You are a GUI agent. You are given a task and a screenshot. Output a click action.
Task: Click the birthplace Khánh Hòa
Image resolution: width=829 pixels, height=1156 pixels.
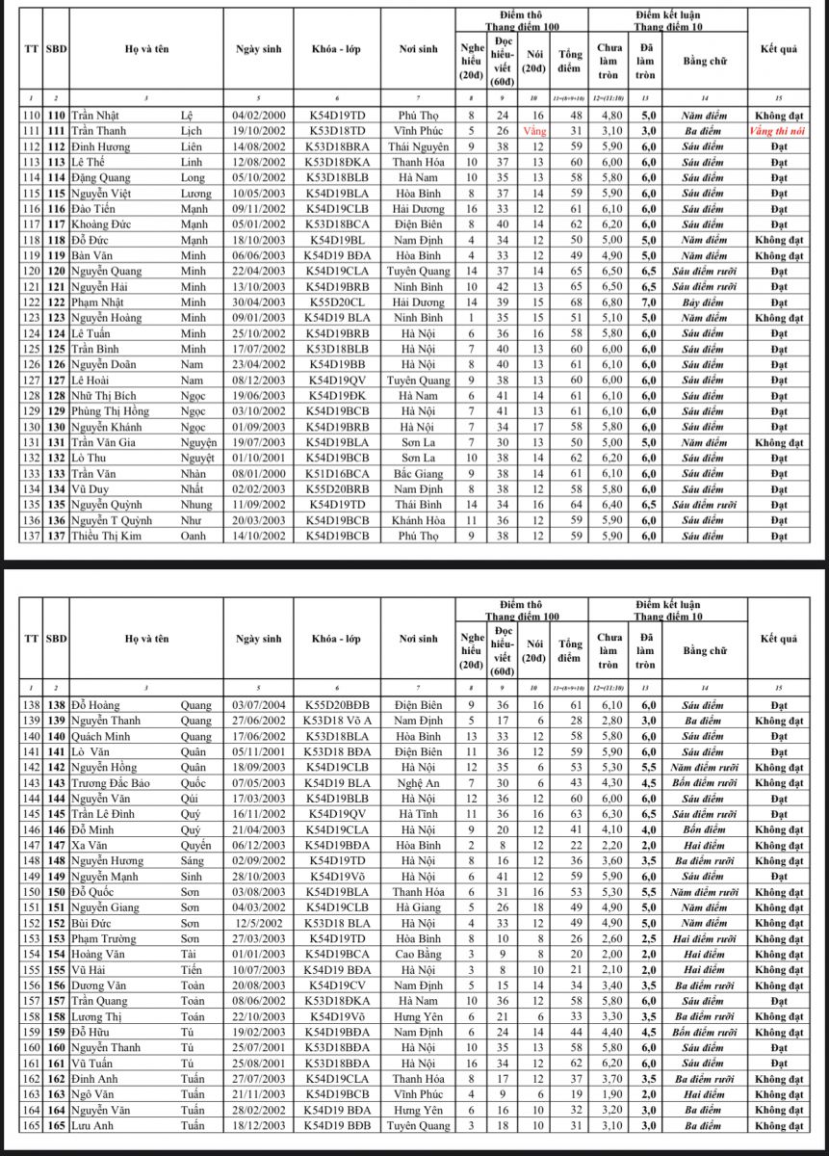pos(419,520)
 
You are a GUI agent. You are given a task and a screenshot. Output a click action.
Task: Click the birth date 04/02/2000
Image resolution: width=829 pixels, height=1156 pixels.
pos(259,116)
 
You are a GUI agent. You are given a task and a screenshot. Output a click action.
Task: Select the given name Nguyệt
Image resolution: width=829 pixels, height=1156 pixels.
pos(196,458)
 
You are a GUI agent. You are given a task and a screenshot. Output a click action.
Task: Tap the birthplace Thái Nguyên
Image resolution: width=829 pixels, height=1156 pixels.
pos(419,146)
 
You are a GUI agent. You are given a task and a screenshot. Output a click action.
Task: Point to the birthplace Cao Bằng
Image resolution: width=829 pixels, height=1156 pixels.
pos(419,954)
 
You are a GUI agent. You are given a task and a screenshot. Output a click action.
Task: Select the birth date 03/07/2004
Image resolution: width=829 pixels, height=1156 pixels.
pos(259,705)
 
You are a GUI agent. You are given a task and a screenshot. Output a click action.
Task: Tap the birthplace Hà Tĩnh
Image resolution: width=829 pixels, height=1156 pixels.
pos(419,814)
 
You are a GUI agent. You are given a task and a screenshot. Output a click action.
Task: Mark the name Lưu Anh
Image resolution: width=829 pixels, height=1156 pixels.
pos(92,1125)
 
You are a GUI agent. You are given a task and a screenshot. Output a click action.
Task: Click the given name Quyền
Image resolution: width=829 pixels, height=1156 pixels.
pos(196,845)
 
